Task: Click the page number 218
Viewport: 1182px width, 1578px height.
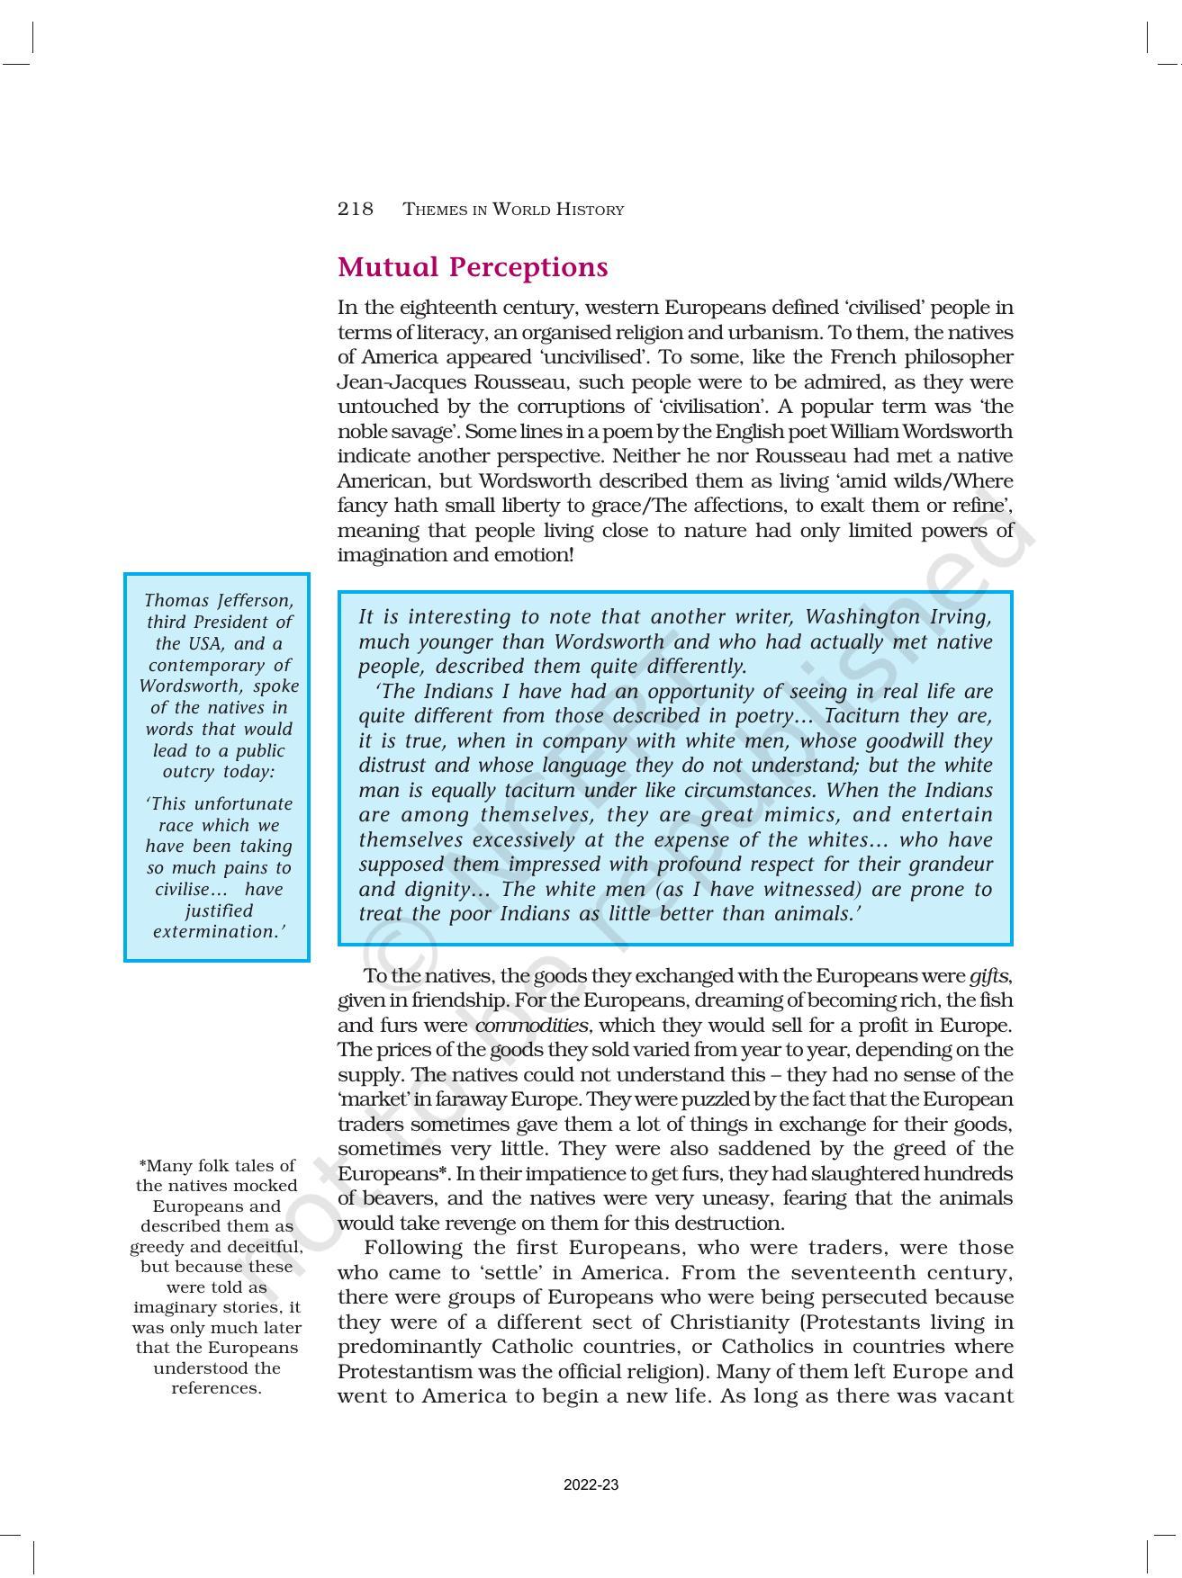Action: (355, 210)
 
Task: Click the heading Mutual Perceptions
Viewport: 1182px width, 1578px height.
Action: (473, 267)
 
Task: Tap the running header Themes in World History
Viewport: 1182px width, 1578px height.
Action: (513, 210)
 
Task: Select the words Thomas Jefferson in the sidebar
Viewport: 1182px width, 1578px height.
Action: (218, 600)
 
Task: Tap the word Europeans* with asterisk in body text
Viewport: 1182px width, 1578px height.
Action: (393, 1174)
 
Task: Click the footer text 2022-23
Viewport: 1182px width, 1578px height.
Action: (591, 1485)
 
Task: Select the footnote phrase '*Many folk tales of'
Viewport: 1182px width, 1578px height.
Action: (217, 1166)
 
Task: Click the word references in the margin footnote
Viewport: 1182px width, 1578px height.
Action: (216, 1388)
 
